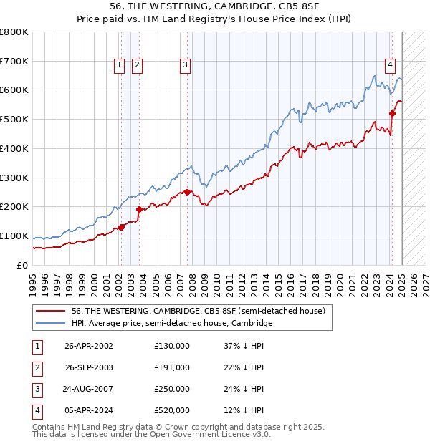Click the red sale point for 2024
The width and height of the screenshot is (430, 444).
[x=393, y=113]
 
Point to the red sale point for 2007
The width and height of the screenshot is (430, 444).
[x=187, y=192]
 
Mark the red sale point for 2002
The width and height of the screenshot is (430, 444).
[x=121, y=227]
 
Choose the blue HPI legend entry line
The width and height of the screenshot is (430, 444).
[x=51, y=324]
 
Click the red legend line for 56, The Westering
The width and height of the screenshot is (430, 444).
[x=51, y=311]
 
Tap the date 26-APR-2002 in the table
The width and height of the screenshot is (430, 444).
[x=89, y=346]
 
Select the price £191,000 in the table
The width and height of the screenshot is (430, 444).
[x=172, y=367]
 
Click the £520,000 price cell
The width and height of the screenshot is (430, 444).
[x=172, y=410]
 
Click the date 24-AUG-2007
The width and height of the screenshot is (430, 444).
[x=89, y=389]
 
